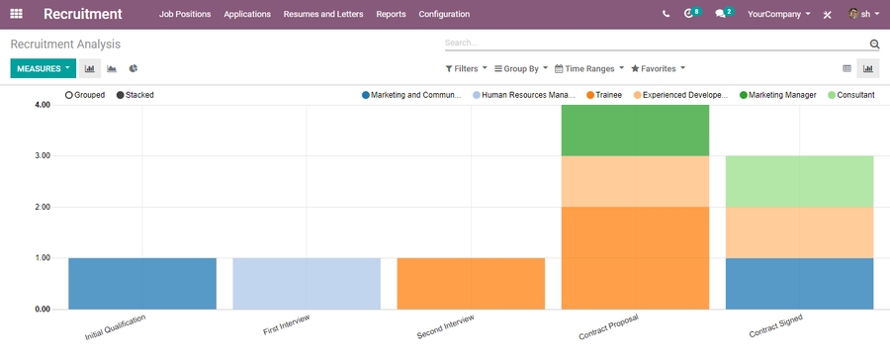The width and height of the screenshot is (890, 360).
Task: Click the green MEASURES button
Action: pyautogui.click(x=43, y=69)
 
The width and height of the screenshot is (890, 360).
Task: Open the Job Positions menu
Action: pyautogui.click(x=185, y=15)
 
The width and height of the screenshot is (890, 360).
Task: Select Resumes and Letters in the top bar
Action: pyautogui.click(x=322, y=15)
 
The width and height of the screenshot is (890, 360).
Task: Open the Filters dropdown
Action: pyautogui.click(x=466, y=69)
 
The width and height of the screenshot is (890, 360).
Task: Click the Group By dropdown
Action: pyautogui.click(x=521, y=69)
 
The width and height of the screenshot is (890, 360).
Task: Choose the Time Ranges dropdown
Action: pyautogui.click(x=589, y=69)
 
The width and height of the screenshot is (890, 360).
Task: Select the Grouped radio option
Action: pyautogui.click(x=84, y=95)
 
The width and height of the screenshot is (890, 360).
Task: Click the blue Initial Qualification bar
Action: pyautogui.click(x=142, y=283)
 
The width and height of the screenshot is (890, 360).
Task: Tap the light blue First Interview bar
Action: pyautogui.click(x=307, y=283)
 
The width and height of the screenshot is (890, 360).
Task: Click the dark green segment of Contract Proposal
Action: pyautogui.click(x=635, y=130)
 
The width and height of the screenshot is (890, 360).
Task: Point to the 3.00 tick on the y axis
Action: pyautogui.click(x=43, y=155)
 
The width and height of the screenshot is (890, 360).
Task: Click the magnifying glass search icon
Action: pyautogui.click(x=874, y=45)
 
